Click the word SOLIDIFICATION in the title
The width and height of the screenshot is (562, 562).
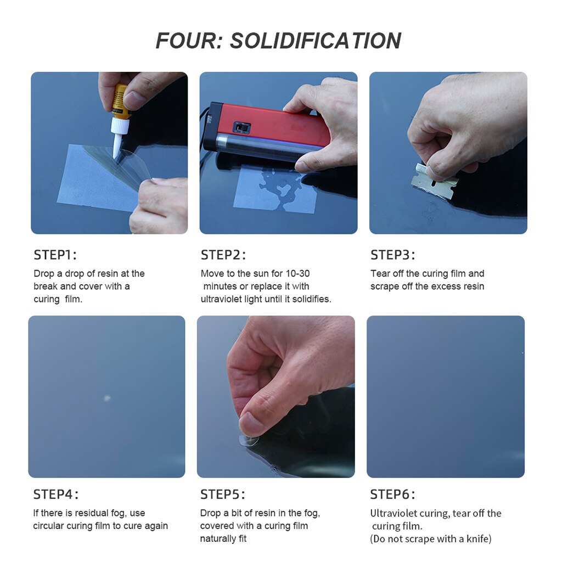coord(316,41)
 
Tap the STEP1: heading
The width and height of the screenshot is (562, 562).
coord(55,255)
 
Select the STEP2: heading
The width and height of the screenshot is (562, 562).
coord(223,255)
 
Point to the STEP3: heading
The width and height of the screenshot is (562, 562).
coord(393,255)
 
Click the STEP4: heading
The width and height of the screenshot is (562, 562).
coord(56,494)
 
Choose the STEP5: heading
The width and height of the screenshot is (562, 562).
coord(223,494)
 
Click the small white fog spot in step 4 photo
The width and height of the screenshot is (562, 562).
coord(107,398)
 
